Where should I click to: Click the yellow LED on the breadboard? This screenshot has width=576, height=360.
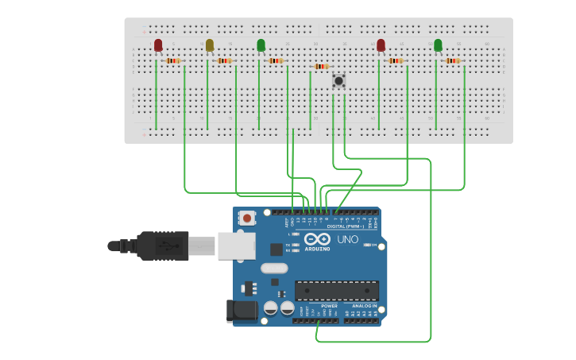point(210,45)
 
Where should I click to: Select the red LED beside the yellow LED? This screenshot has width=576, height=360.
point(158,45)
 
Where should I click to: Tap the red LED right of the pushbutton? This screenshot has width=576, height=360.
point(381,45)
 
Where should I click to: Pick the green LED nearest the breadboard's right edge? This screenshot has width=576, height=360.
point(438,45)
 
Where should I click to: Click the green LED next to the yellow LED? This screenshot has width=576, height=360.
point(261,45)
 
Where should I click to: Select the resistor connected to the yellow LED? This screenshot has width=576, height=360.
point(224,60)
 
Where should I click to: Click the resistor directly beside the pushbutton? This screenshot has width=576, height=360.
point(321,67)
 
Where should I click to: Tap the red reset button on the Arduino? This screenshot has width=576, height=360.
point(247,218)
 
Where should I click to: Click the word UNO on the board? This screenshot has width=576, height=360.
point(347,239)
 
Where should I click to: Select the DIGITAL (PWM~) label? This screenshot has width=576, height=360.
point(347,226)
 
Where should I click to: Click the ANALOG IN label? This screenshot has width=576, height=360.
point(365,306)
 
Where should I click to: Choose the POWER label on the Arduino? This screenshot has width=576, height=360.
point(329,306)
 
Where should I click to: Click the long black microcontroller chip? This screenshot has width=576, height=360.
point(337,290)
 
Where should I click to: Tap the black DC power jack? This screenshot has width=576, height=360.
point(242,311)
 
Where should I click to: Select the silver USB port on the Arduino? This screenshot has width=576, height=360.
point(237,246)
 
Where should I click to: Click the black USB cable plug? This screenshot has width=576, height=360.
point(163,246)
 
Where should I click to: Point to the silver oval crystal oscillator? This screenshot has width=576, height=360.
point(273,268)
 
